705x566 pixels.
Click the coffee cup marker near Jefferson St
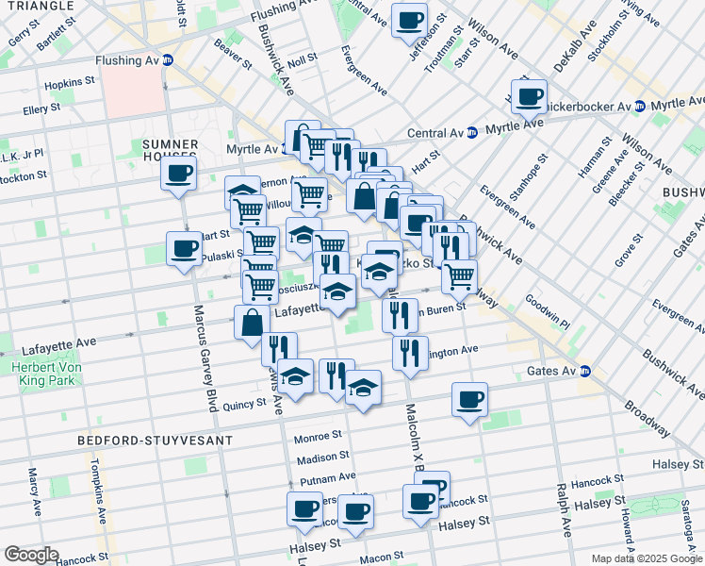click(408, 21)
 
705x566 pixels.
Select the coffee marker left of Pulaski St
click(184, 250)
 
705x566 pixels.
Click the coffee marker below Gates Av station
click(469, 401)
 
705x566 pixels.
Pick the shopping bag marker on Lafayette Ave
click(253, 322)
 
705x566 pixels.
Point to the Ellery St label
click(41, 108)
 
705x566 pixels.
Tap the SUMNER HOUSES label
click(170, 150)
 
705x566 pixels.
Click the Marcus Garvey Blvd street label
click(205, 358)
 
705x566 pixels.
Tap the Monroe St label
click(318, 437)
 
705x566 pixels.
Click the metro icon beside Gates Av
click(584, 371)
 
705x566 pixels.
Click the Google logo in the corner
click(32, 554)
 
